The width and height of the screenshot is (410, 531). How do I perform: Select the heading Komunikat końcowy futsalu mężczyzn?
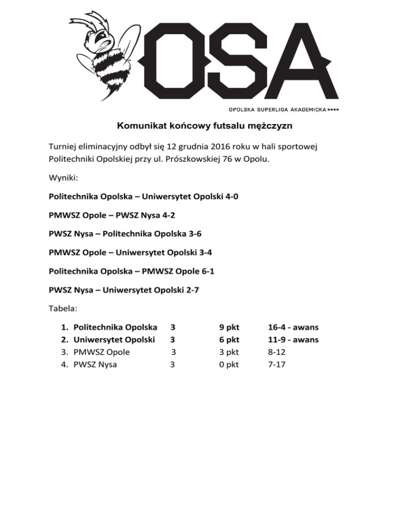[205, 127]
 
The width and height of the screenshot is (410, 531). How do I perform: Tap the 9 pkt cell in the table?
[229, 327]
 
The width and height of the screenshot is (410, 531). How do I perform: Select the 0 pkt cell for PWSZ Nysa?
[229, 365]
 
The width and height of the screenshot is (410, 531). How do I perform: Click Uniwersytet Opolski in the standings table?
[114, 340]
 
